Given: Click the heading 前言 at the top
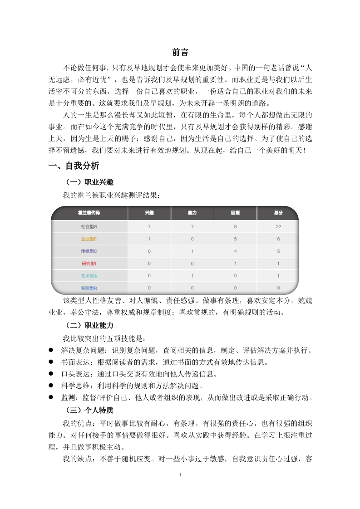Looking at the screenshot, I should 180,53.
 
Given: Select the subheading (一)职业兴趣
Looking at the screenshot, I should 89,182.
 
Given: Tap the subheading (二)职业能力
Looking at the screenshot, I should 89,325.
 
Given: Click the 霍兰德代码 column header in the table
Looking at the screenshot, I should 89,212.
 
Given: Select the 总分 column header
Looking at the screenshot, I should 278,212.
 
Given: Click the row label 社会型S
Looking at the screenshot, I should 89,226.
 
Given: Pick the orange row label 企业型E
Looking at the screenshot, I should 89,239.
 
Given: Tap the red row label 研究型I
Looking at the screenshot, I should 89,263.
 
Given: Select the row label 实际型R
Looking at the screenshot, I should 89,288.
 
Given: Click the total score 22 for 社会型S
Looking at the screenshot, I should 278,226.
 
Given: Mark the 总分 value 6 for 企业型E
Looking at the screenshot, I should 278,239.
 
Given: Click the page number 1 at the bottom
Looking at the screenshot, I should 180,475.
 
